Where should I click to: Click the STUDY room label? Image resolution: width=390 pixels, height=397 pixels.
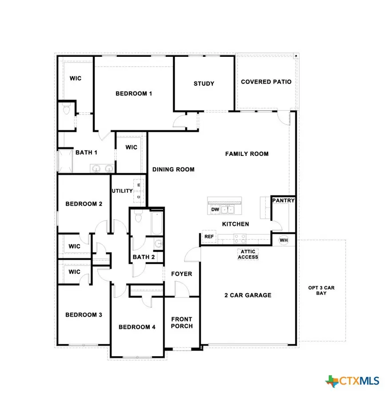tap(204, 83)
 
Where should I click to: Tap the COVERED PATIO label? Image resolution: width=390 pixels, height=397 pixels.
tap(266, 82)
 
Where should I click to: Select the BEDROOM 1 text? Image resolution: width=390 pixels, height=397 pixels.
tap(134, 94)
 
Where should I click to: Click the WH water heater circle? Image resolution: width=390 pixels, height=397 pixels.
tap(283, 240)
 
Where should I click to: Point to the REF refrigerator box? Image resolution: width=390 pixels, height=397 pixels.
tap(209, 237)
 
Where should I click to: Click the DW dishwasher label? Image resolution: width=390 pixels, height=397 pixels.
tap(215, 209)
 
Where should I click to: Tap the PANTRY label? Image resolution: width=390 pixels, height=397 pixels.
tap(283, 201)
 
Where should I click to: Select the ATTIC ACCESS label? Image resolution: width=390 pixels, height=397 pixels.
tap(248, 254)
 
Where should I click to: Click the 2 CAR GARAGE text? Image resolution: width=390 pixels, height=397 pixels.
tap(248, 295)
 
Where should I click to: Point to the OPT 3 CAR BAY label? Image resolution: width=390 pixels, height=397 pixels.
tap(321, 290)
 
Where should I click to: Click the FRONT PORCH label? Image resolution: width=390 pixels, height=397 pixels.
tap(182, 322)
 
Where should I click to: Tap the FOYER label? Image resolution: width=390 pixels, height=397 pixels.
tap(182, 274)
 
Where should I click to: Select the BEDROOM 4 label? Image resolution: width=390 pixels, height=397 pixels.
tap(137, 327)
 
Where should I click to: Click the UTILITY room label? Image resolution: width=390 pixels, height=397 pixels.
tap(122, 191)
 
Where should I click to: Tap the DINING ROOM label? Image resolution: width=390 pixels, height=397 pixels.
tap(173, 169)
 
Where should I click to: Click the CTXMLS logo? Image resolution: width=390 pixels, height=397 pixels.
tap(353, 381)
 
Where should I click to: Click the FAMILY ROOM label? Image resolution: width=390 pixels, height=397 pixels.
tap(247, 154)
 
